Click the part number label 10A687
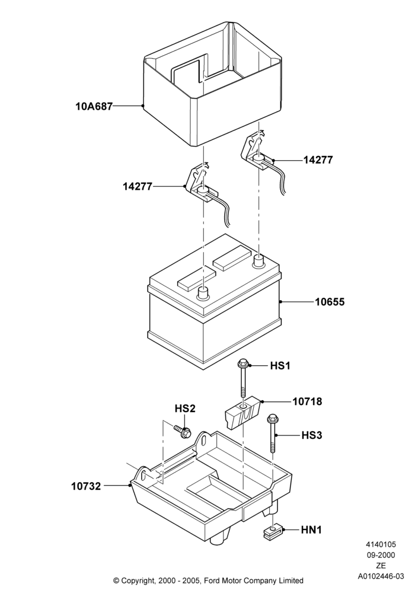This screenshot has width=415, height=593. click(94, 107)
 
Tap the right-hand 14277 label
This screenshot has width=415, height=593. click(318, 160)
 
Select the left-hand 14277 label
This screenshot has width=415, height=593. click(138, 186)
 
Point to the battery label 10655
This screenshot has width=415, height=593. click(330, 302)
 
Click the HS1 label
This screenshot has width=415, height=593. click(280, 366)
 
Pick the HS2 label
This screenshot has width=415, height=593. click(185, 409)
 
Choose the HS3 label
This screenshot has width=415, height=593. click(312, 435)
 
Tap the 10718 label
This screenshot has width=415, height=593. click(307, 401)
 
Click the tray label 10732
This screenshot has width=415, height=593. click(86, 486)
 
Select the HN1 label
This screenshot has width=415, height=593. click(311, 530)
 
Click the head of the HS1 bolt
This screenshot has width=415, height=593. click(242, 365)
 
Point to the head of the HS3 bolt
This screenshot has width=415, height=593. click(272, 419)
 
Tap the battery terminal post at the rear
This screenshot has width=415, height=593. click(259, 260)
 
